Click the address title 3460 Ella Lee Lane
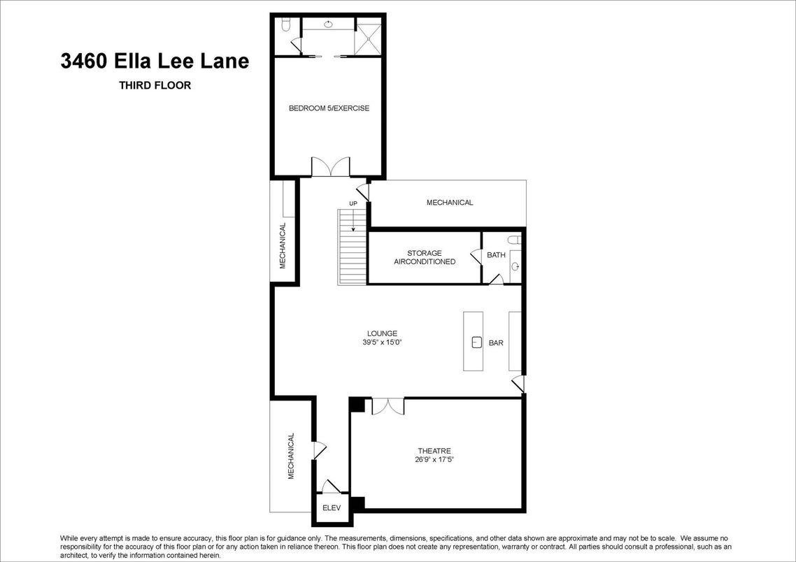point(155,62)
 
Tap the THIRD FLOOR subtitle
point(155,86)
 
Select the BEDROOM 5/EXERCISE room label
point(329,108)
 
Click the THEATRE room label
point(434,451)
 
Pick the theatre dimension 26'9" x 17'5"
point(434,460)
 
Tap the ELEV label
point(331,508)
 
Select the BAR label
point(496,343)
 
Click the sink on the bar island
point(476,342)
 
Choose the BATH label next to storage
point(496,255)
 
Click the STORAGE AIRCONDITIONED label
point(425,257)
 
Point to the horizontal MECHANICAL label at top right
point(450,203)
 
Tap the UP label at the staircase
point(353,203)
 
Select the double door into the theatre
point(388,405)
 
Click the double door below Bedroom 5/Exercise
point(329,167)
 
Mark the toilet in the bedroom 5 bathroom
point(285,26)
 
